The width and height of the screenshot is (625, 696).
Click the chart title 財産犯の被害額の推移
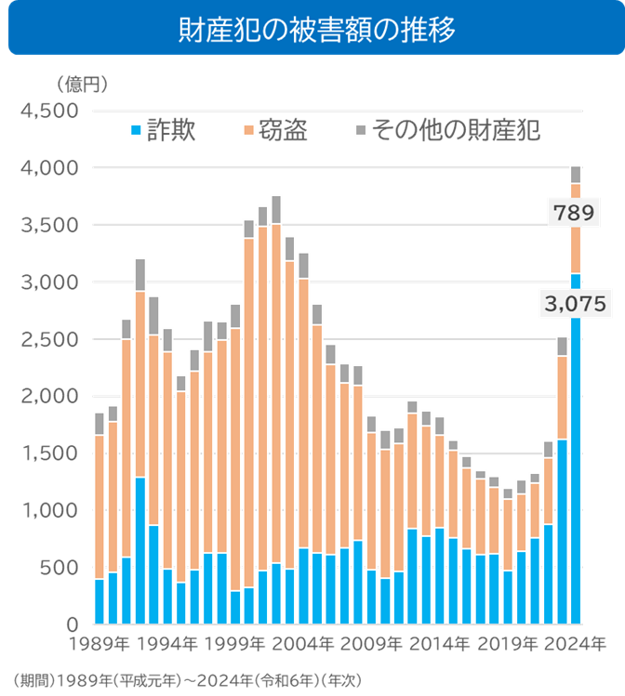(x=312, y=32)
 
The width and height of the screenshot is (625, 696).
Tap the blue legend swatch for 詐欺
(x=137, y=130)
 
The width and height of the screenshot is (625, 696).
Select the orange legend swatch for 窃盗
(x=248, y=130)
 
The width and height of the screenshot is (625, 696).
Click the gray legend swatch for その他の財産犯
(x=360, y=130)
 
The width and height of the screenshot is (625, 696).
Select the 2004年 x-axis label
(x=301, y=643)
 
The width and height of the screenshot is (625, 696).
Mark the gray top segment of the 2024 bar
(x=576, y=174)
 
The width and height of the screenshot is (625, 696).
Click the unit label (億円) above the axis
(x=83, y=85)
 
